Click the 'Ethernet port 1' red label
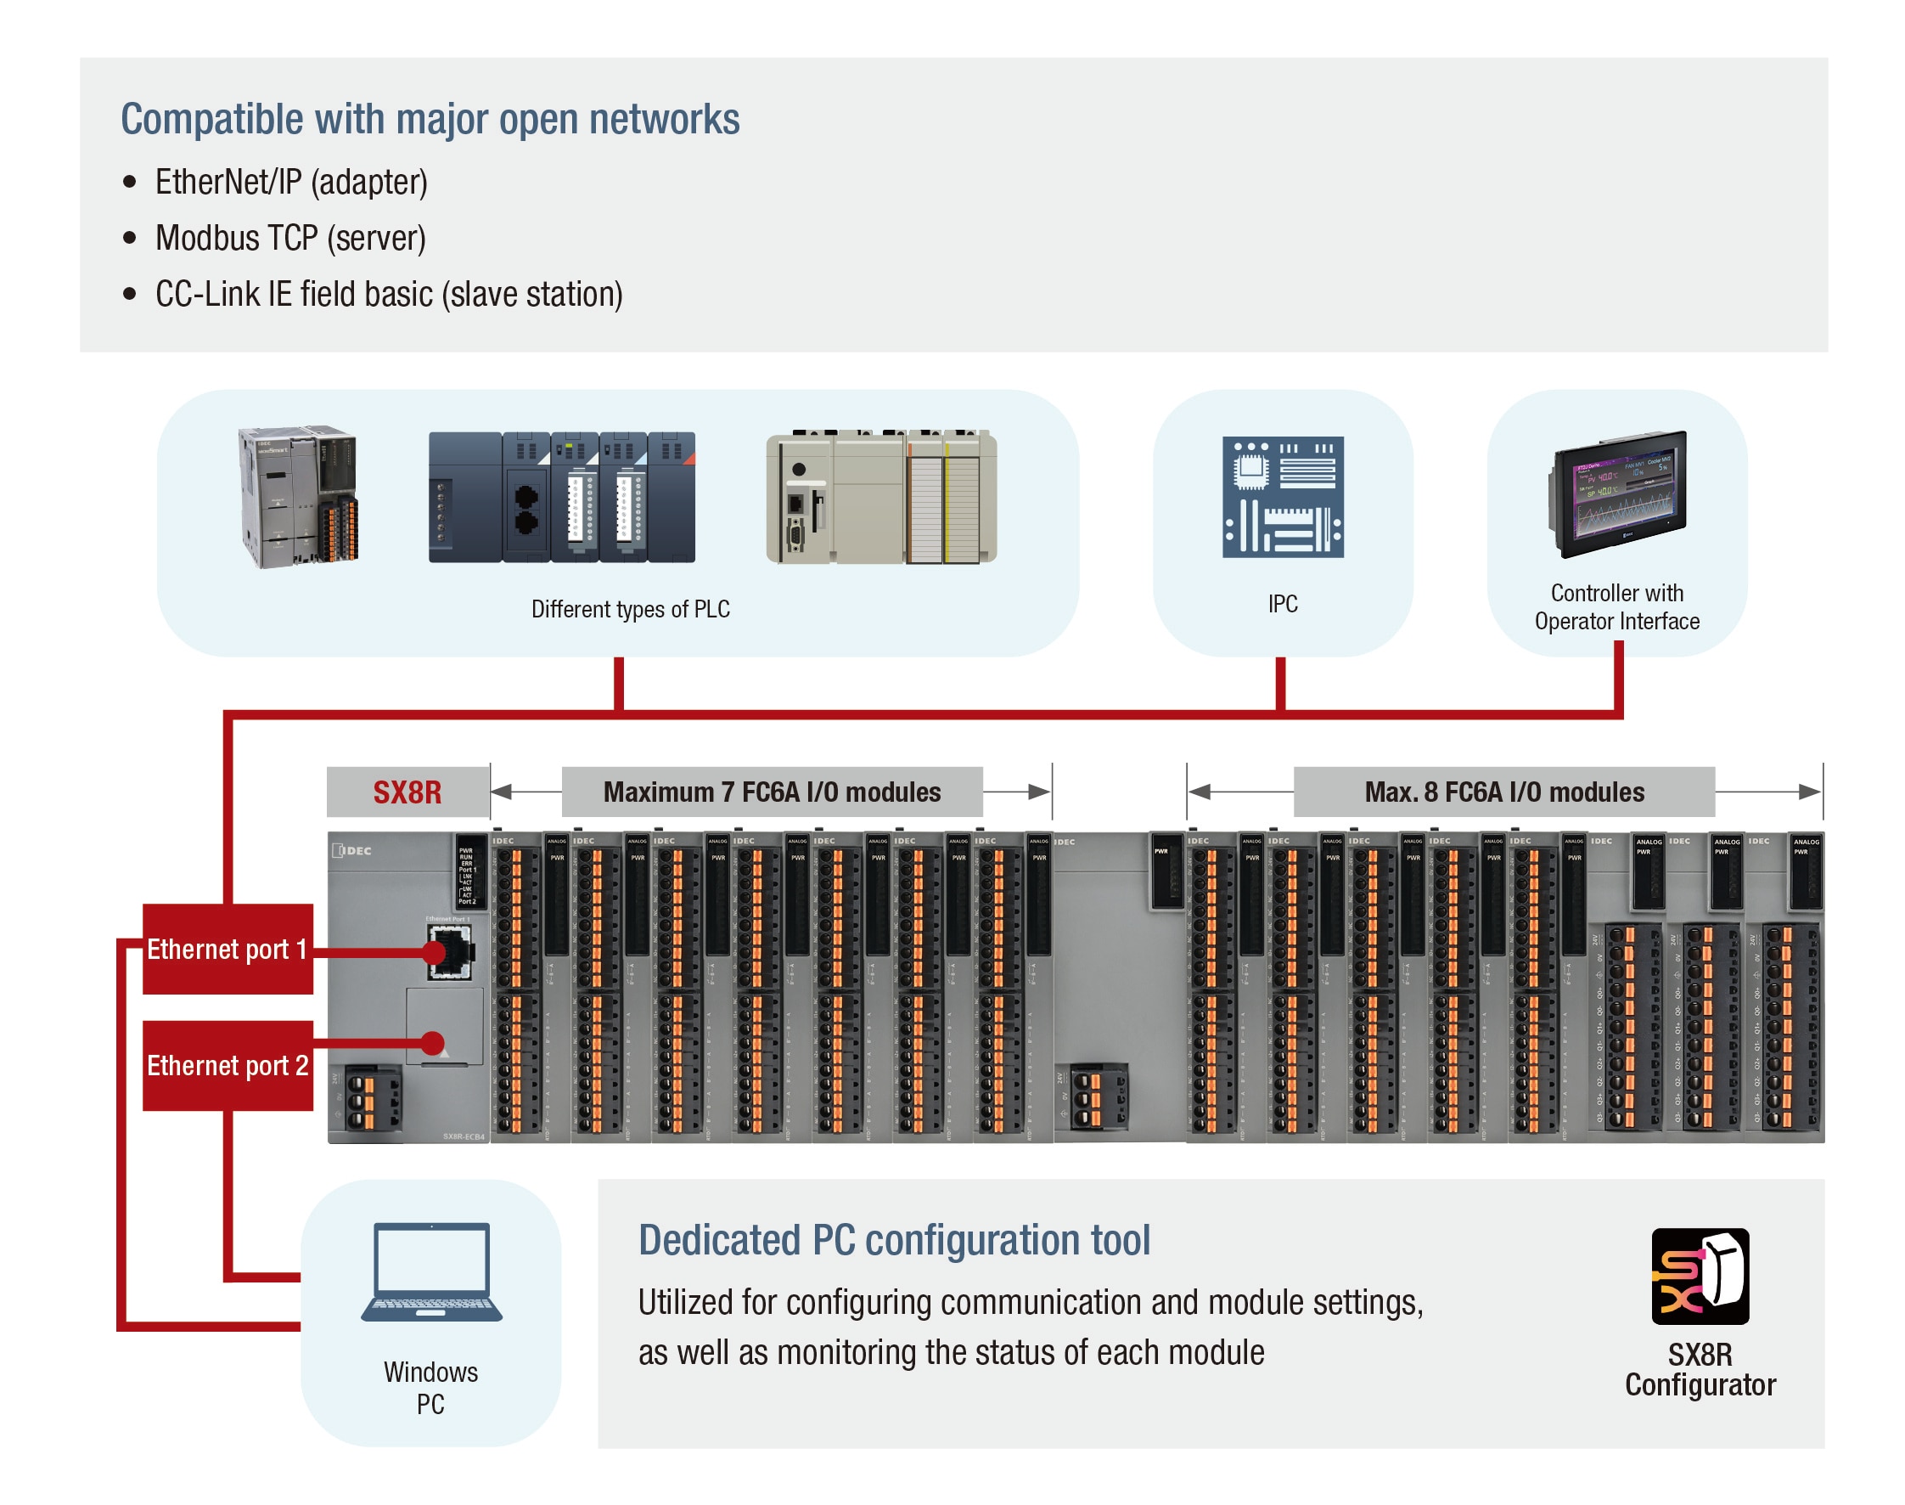tap(228, 949)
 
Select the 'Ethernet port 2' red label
tap(228, 1065)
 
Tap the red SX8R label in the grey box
tap(407, 792)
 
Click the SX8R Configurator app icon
tap(1699, 1275)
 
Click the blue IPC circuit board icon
tap(1283, 497)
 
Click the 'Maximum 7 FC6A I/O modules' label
tap(772, 792)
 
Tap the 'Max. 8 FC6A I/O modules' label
tap(1503, 792)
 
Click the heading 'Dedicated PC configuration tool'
tap(894, 1240)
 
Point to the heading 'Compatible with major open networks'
tap(430, 119)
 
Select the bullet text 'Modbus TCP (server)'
tap(290, 238)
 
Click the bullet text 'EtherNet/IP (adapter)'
tap(291, 183)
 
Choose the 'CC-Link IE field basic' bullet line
tap(389, 295)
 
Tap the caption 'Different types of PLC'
tap(631, 609)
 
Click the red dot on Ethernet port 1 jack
tap(433, 951)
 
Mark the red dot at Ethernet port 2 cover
tap(431, 1043)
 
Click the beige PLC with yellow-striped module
tap(880, 497)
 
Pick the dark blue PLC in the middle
tap(562, 497)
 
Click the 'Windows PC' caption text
tap(430, 1388)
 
